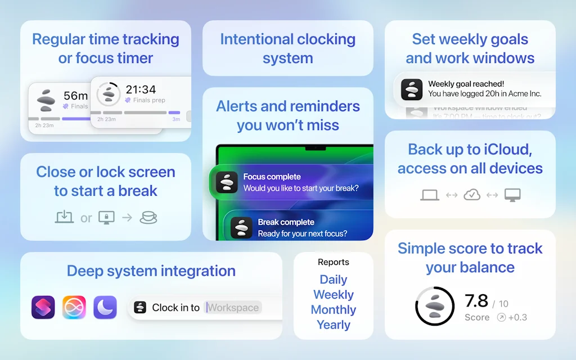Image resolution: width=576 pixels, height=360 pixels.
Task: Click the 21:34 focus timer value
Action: point(141,89)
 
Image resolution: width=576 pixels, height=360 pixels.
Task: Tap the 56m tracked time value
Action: point(75,96)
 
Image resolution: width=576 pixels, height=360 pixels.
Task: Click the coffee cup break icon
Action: point(148,218)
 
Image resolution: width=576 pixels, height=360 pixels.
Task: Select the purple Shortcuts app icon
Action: point(43,307)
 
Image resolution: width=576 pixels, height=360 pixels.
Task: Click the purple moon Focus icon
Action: point(105,307)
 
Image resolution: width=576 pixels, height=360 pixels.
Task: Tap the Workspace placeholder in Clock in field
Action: point(233,308)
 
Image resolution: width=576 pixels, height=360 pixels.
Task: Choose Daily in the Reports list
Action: point(333,280)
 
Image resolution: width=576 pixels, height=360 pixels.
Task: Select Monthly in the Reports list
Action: point(333,310)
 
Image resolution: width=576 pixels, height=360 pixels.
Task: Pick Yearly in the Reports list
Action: point(333,325)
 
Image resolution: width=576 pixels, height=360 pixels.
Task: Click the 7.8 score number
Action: point(476,301)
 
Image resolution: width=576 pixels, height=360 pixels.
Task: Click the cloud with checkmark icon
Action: point(471,195)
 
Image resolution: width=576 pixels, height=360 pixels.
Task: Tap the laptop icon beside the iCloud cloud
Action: point(430,195)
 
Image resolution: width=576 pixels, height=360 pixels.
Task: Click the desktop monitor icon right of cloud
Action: point(512,195)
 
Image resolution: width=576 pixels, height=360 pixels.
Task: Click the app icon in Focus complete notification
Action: point(227,182)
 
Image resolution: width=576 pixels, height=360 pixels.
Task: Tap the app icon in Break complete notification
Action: point(241,227)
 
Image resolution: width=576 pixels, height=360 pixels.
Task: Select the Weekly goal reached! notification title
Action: point(466,84)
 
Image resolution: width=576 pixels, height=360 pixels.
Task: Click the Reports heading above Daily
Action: point(333,262)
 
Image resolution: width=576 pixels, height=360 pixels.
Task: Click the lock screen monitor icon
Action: point(106,218)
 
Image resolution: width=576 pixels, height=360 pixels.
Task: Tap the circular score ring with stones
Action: point(434,307)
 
